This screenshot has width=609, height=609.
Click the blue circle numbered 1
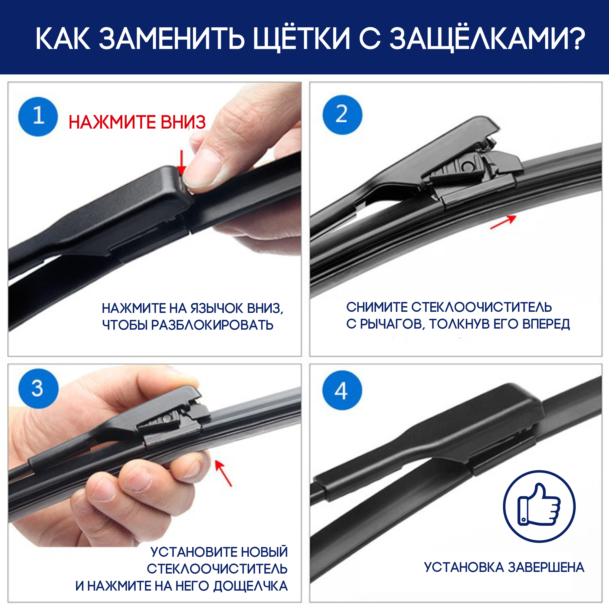coord(38,117)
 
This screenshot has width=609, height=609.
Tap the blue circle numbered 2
coord(342,115)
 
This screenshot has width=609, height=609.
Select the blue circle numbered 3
coord(38,388)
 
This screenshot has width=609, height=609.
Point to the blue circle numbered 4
coord(342,390)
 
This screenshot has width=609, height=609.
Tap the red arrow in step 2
coord(503,222)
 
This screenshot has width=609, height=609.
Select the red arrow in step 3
coord(223,473)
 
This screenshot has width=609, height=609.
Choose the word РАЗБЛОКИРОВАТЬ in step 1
coord(212,325)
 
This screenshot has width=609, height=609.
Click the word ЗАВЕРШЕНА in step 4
coord(546,567)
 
